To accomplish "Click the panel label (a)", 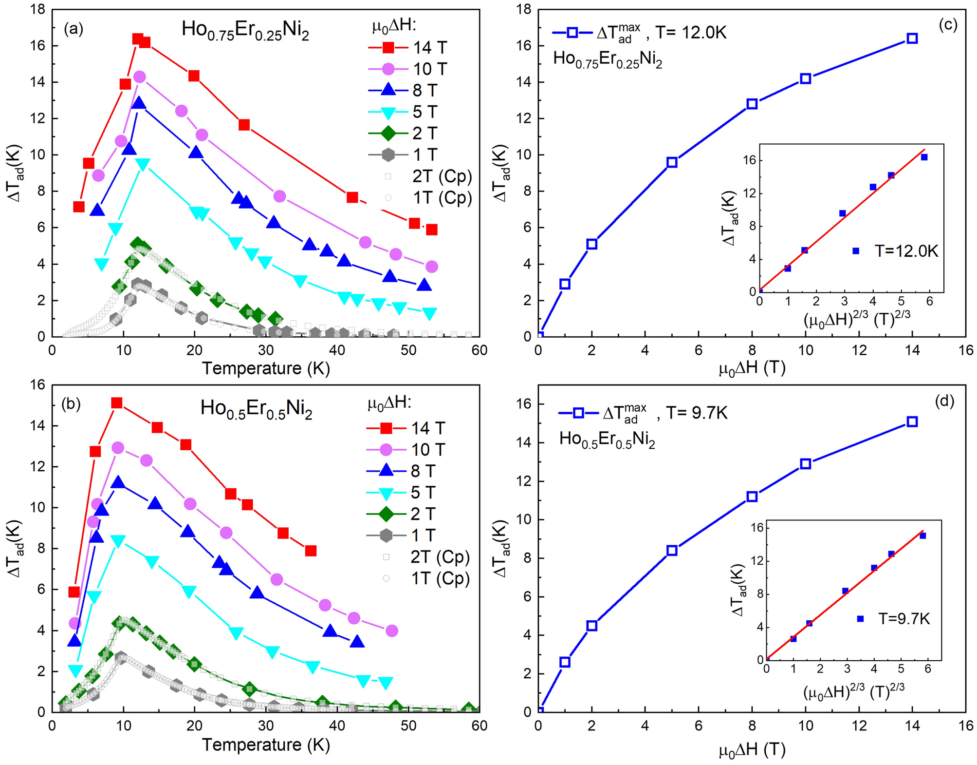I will click(x=74, y=29).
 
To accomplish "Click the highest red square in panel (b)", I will click(x=117, y=403).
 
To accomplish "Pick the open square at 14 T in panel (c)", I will click(x=912, y=38).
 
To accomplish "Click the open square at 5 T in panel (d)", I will click(x=672, y=551).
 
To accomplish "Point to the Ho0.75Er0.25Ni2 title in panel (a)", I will click(x=245, y=30).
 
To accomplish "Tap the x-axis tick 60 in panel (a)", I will click(x=479, y=350).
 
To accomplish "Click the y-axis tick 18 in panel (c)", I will click(x=524, y=9).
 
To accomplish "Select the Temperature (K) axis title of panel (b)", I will click(x=266, y=745).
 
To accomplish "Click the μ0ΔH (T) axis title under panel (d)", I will click(x=752, y=749).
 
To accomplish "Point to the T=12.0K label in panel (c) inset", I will click(x=906, y=251).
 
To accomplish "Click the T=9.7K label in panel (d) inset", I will click(x=904, y=619).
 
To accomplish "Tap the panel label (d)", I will click(x=944, y=401).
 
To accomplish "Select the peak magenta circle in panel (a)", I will click(x=139, y=77).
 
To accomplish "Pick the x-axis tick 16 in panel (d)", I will click(x=965, y=726).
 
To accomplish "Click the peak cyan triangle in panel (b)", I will click(x=118, y=541).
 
